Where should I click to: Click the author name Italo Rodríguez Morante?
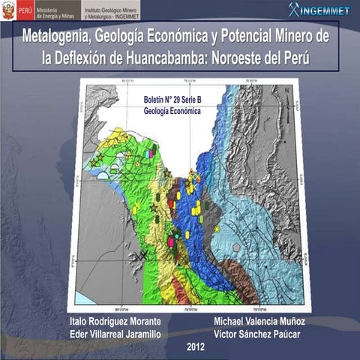click(115, 321)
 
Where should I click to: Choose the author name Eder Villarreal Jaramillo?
click(115, 333)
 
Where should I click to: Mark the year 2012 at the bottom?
click(196, 346)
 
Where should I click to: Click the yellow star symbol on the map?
click(217, 228)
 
